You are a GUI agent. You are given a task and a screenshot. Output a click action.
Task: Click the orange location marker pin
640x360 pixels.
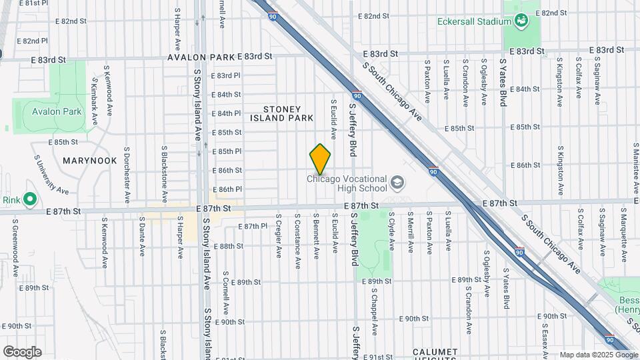320,159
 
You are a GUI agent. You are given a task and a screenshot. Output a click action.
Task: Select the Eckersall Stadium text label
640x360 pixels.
473,21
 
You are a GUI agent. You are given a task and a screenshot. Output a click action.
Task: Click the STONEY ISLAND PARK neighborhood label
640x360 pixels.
281,113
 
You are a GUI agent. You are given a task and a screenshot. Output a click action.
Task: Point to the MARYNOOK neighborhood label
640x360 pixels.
89,161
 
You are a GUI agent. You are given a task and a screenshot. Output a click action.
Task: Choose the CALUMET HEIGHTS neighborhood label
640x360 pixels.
435,353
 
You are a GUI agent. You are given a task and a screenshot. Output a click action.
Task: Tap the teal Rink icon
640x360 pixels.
29,199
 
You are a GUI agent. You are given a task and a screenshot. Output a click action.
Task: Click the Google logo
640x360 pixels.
22,352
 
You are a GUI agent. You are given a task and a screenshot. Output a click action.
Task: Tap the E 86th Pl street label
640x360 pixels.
225,189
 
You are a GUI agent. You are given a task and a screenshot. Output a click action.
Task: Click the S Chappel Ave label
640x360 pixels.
375,312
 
